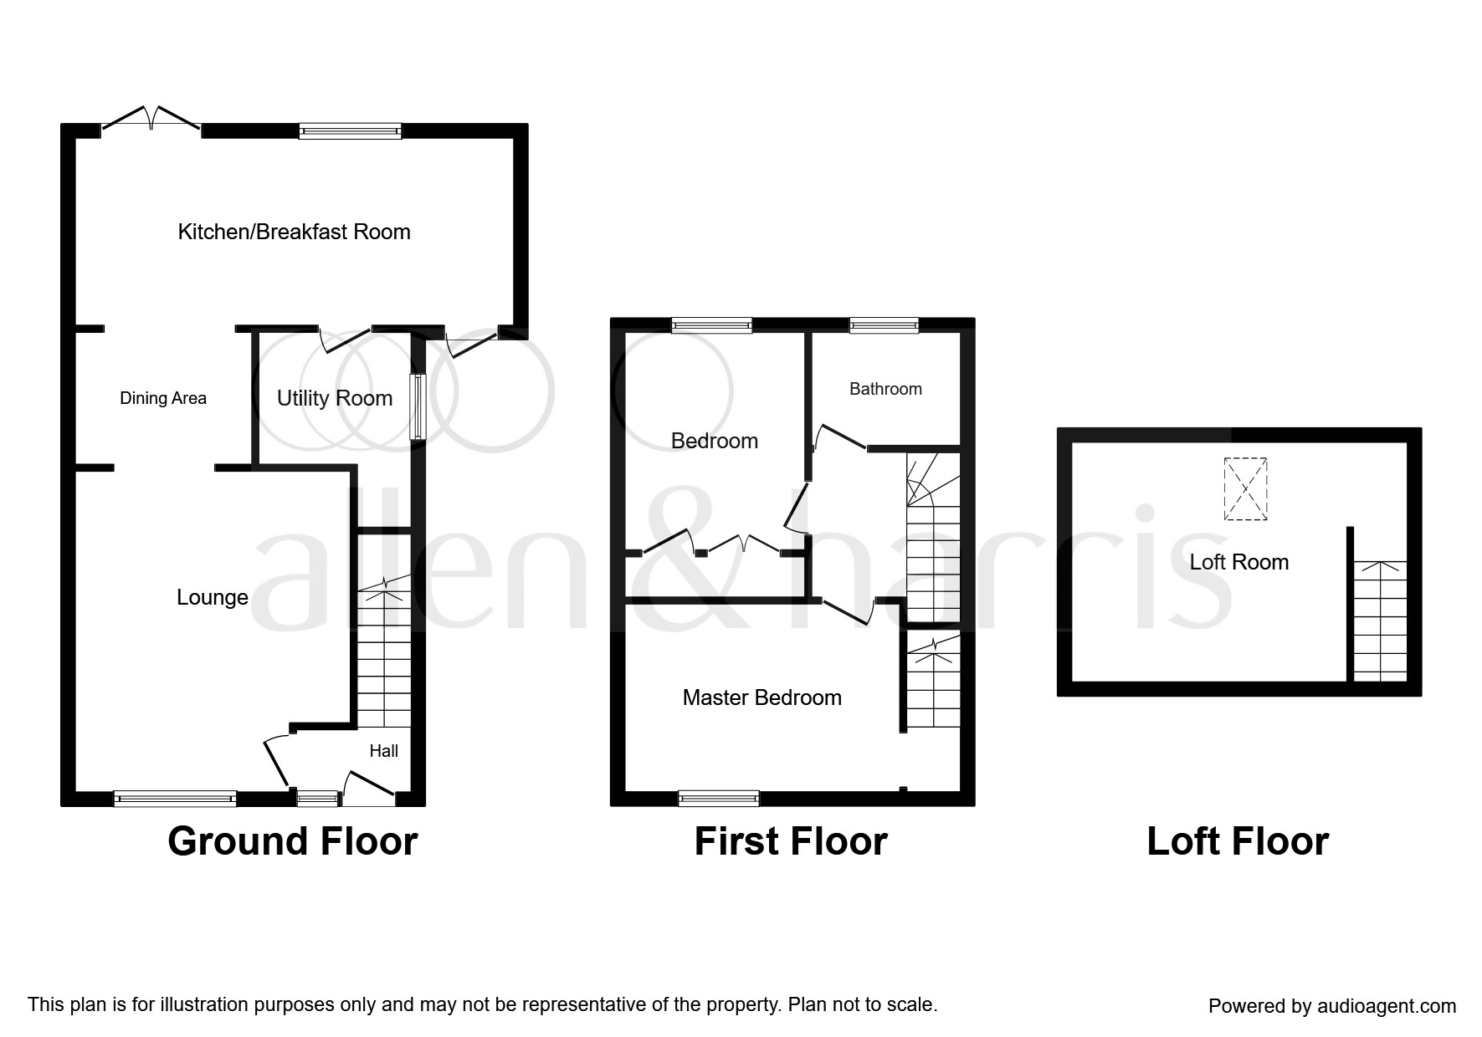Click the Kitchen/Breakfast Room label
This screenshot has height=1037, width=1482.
(294, 232)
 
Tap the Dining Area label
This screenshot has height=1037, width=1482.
(163, 398)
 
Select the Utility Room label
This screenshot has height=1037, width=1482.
(335, 398)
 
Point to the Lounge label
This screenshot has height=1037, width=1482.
(213, 597)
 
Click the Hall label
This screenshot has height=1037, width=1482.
(384, 751)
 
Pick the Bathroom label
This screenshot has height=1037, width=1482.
(885, 389)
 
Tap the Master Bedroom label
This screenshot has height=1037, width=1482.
(762, 697)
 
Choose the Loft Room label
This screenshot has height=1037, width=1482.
(1239, 562)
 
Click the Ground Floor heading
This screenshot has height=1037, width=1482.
(293, 841)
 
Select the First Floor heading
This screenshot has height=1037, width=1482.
(791, 841)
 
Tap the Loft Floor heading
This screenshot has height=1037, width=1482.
(1238, 841)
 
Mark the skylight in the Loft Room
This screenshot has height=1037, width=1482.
(1245, 489)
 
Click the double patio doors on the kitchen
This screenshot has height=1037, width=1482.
(151, 120)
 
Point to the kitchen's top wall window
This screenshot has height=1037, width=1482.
(351, 130)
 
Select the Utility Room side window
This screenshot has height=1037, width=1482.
(417, 407)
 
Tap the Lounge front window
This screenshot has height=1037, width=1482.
(175, 799)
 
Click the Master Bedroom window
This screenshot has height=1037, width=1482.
(719, 799)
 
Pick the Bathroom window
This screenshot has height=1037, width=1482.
(884, 326)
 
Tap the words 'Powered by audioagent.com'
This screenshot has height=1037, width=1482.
(1332, 1006)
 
